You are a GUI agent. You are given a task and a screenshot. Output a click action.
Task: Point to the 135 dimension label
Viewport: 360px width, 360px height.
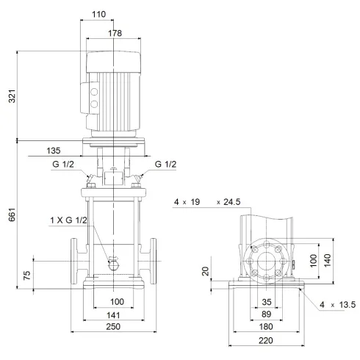click(x=54, y=151)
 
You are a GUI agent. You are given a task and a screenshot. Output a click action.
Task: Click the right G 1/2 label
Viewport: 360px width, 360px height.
click(x=167, y=165)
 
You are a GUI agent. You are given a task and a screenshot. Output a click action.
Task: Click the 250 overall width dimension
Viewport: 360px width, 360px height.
click(x=112, y=326)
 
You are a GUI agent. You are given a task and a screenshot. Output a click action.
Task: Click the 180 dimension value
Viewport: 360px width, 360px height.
click(x=266, y=326)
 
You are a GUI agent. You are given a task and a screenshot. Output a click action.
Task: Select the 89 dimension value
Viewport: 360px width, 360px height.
click(x=266, y=314)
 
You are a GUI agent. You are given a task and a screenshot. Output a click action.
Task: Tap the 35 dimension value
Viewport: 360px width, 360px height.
click(x=266, y=302)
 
